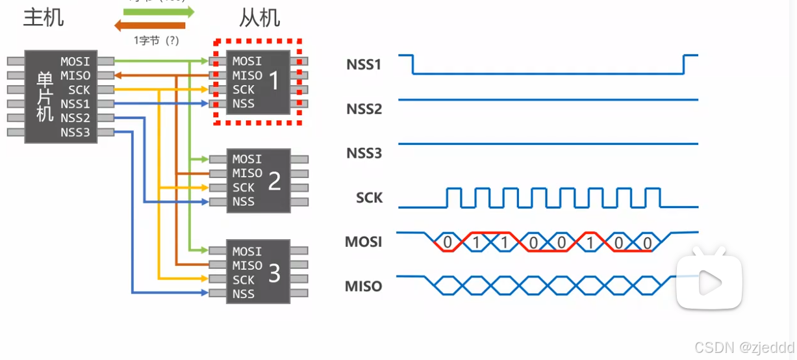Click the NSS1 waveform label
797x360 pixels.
(364, 65)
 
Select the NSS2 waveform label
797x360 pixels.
(364, 109)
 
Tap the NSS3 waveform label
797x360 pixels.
(364, 153)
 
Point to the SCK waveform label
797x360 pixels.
(369, 198)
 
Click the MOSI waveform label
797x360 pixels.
(364, 242)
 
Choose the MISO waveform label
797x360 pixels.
(364, 286)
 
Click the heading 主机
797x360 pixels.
(44, 18)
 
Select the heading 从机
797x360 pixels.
(259, 18)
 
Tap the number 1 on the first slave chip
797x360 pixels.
(274, 81)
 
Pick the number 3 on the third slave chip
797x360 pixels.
(274, 274)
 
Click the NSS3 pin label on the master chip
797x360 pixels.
(75, 133)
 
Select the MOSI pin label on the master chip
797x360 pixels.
(75, 62)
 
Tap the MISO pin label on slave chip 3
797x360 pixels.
(247, 265)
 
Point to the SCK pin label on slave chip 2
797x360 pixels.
(244, 187)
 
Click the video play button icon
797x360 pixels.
(709, 282)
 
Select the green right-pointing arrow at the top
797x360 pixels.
(159, 12)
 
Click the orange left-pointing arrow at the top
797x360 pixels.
(149, 26)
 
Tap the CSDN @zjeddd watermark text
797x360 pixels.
(744, 348)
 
